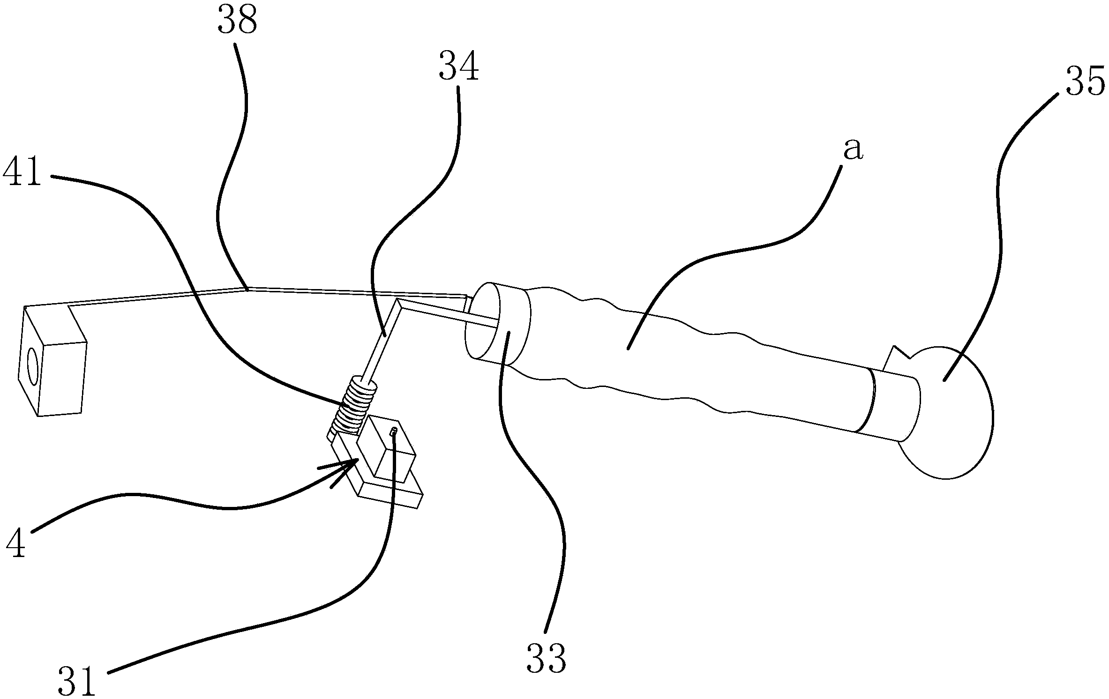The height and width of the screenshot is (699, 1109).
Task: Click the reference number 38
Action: pos(237,21)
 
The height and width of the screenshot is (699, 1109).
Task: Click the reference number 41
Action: pos(22,173)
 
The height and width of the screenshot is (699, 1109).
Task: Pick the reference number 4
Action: pos(16,544)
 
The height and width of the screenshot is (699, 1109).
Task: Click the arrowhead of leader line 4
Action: pos(352,464)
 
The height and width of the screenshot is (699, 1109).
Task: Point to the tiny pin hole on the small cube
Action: pos(394,431)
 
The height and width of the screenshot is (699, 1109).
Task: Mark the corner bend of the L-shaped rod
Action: pos(398,302)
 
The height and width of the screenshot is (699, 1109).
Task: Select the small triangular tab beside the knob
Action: pos(895,358)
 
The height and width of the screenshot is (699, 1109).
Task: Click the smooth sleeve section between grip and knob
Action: pos(891,405)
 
